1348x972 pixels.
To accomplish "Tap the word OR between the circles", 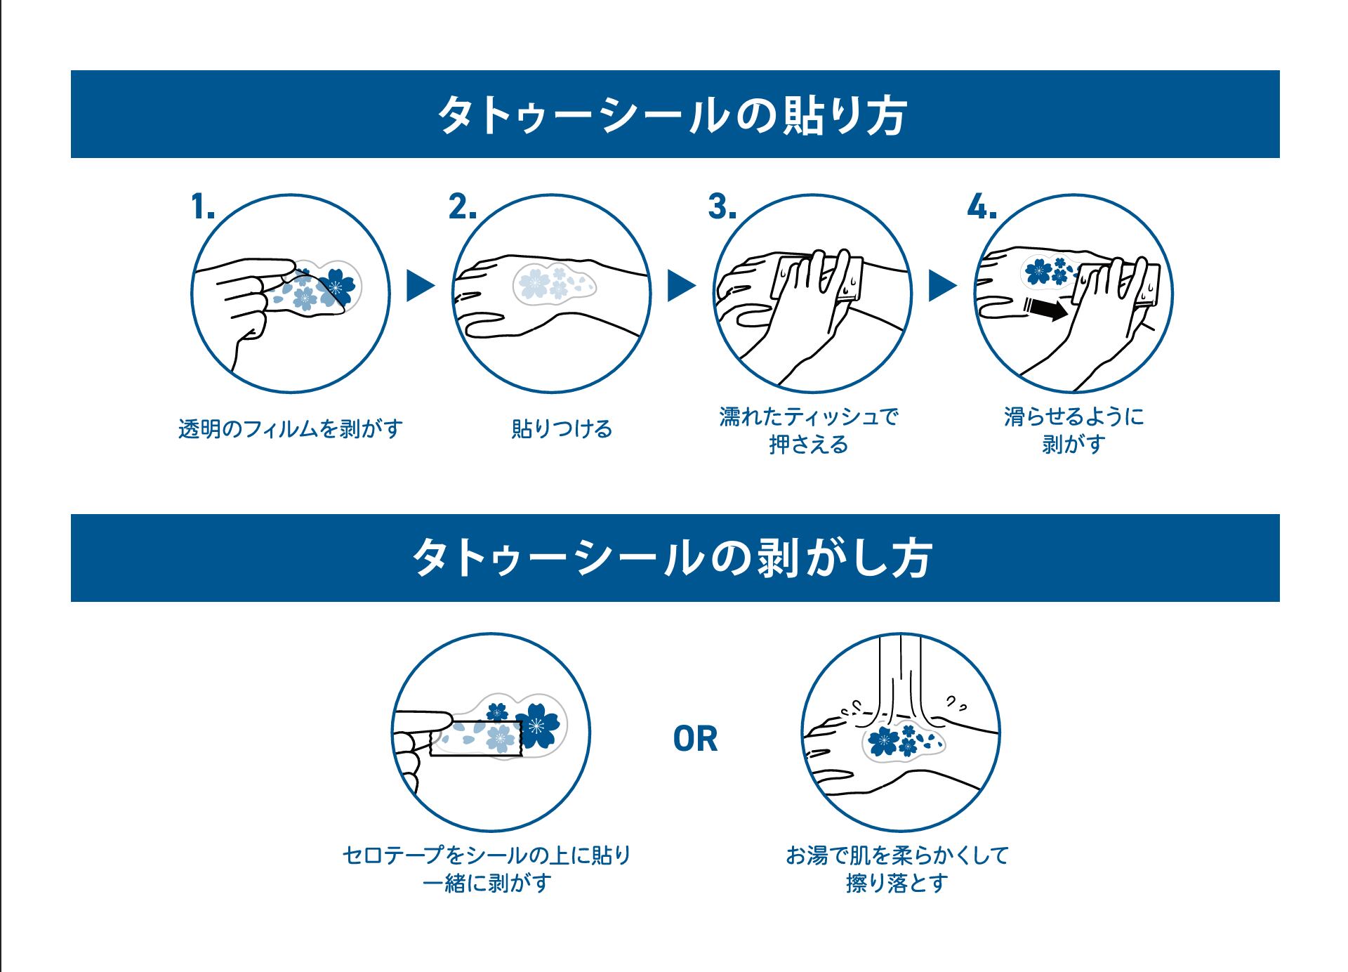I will point(695,740).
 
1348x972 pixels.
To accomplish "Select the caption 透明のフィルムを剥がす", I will point(290,428).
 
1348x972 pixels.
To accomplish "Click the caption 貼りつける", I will point(562,428).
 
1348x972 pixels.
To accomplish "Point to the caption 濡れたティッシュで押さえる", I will point(809,431).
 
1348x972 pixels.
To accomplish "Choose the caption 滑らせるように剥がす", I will point(1073,431).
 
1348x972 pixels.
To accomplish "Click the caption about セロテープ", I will point(487,869).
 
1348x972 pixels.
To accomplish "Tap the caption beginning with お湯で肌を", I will point(897,869).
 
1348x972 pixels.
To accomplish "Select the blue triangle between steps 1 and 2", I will point(420,286).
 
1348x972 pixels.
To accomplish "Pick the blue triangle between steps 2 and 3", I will point(680,286).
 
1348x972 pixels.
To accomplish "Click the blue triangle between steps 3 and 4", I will point(941,286).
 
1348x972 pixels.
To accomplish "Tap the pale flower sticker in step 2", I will point(554,283).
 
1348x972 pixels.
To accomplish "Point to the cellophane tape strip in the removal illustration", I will point(476,737).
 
